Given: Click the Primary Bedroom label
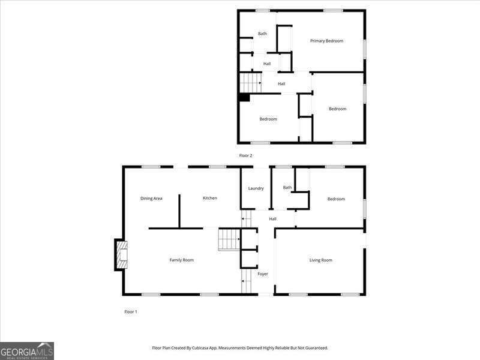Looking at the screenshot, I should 326,41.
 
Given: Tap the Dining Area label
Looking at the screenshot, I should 151,199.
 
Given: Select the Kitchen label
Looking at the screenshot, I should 209,198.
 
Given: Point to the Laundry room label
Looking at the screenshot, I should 256,188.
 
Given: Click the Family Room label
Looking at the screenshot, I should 181,260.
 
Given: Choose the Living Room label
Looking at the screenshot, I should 320,260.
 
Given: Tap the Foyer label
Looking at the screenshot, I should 263,274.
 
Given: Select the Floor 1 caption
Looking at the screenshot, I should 131,312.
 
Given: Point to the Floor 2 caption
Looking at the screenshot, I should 246,155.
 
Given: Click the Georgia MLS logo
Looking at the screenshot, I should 27,350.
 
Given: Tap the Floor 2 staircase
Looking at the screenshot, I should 250,82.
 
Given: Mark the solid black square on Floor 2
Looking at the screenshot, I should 244,97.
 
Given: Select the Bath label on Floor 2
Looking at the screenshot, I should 262,34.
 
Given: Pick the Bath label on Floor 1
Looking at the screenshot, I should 287,187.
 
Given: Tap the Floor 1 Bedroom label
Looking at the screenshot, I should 336,199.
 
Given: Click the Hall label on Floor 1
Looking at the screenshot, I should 272,219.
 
